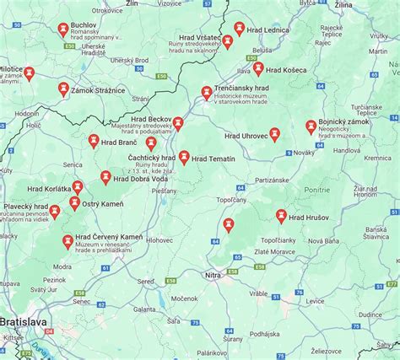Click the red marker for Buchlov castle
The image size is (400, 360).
pyautogui.click(x=64, y=30)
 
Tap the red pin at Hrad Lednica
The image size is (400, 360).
pyautogui.click(x=240, y=29)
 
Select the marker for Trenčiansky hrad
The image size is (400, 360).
pyautogui.click(x=206, y=92)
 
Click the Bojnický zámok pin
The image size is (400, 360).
pyautogui.click(x=311, y=126)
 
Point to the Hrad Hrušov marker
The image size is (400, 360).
pyautogui.click(x=281, y=216)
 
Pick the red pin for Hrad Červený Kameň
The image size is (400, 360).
pyautogui.click(x=67, y=241)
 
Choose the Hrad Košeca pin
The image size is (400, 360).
pyautogui.click(x=258, y=67)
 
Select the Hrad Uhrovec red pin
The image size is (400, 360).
pyautogui.click(x=274, y=134)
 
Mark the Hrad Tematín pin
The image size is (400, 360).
pyautogui.click(x=184, y=157)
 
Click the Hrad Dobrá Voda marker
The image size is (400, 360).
pyautogui.click(x=105, y=177)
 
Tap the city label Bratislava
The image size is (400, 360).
pyautogui.click(x=24, y=322)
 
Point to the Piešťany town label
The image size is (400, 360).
pyautogui.click(x=165, y=191)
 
